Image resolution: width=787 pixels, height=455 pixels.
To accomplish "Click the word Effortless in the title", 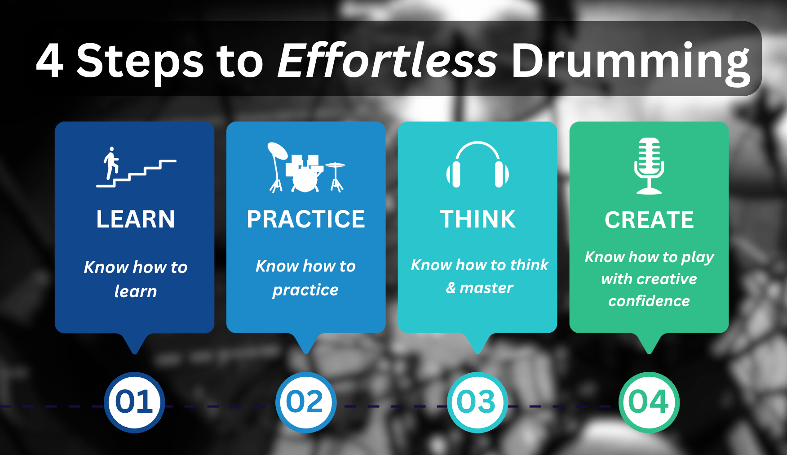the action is (388, 60).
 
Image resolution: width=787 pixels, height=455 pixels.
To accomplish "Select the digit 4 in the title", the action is (50, 61).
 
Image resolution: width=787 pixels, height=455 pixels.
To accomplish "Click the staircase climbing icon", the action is (136, 167).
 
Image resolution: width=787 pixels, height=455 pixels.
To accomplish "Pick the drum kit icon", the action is (306, 167).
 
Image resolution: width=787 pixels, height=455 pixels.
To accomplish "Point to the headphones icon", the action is (478, 165).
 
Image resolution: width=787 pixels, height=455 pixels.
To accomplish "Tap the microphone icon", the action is (649, 166).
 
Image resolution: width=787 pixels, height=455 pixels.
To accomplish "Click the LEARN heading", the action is (136, 219).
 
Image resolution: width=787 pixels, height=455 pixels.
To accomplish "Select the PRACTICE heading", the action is (306, 219).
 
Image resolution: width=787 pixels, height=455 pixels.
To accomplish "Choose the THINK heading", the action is (478, 219).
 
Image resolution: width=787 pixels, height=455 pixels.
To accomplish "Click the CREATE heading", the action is (649, 220).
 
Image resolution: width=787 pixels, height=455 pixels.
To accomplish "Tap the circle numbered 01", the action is (134, 402).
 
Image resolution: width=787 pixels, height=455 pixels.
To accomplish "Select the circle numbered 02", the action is (306, 402).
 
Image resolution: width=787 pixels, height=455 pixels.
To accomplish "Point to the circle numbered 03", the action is (478, 402).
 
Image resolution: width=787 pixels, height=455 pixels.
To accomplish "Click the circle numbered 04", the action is (649, 402).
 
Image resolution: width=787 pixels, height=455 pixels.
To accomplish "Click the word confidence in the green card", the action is (649, 301).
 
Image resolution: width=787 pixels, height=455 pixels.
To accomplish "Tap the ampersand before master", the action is (451, 288).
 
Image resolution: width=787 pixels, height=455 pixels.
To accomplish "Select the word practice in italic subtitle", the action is (305, 290).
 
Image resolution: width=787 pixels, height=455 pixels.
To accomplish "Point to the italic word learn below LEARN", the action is (136, 291).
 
